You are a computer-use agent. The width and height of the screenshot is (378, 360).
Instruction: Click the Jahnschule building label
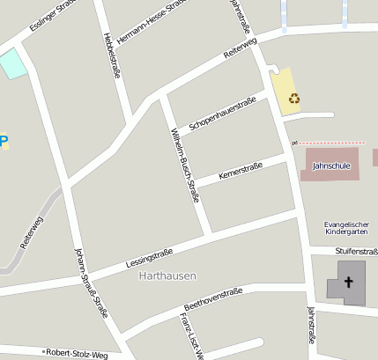tap(331, 165)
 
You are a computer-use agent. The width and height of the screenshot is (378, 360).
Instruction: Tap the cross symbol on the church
tap(348, 283)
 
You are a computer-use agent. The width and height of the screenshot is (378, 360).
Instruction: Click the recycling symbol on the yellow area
tap(294, 99)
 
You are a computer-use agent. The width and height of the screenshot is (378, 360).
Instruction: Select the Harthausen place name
tap(167, 276)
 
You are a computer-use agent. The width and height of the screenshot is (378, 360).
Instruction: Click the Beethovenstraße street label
tap(212, 295)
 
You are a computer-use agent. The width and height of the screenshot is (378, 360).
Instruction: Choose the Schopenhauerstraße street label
tap(222, 111)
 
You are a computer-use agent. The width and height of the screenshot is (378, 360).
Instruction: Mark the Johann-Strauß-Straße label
tap(90, 283)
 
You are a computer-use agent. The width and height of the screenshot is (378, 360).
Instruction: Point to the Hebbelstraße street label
tap(110, 55)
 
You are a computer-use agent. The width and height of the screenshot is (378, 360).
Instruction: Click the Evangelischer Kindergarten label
tap(349, 227)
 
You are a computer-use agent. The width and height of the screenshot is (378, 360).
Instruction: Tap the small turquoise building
tap(13, 64)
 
